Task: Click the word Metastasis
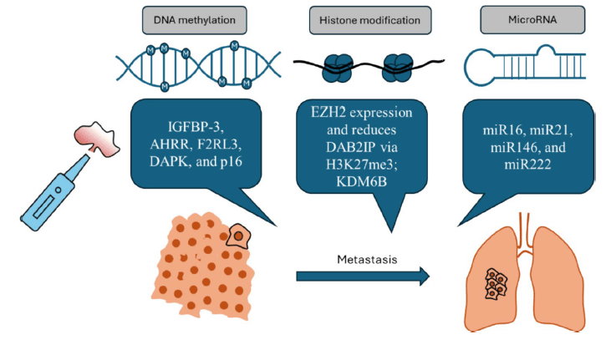361,259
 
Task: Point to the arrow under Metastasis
363,276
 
